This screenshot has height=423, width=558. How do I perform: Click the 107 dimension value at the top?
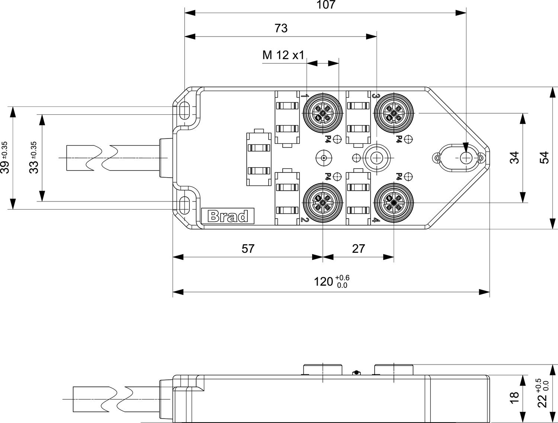(x=325, y=5)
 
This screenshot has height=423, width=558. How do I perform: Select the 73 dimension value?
(x=281, y=28)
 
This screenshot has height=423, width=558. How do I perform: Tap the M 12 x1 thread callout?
(x=283, y=55)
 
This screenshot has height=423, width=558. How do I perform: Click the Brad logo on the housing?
(x=228, y=216)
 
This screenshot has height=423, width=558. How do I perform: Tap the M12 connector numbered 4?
(x=392, y=203)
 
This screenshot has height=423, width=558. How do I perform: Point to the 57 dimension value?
(x=248, y=249)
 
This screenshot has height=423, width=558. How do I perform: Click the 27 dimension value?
(x=358, y=249)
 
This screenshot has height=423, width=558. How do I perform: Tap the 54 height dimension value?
(x=544, y=158)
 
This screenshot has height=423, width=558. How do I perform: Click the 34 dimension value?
(x=514, y=158)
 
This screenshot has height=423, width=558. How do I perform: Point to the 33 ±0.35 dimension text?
(x=34, y=158)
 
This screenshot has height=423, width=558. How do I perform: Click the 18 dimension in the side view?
(x=514, y=398)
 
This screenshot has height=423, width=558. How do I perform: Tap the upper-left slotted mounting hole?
(x=185, y=110)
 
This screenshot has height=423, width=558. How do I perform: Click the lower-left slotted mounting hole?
(x=185, y=205)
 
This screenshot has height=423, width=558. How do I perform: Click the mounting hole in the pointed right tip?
(x=465, y=158)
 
